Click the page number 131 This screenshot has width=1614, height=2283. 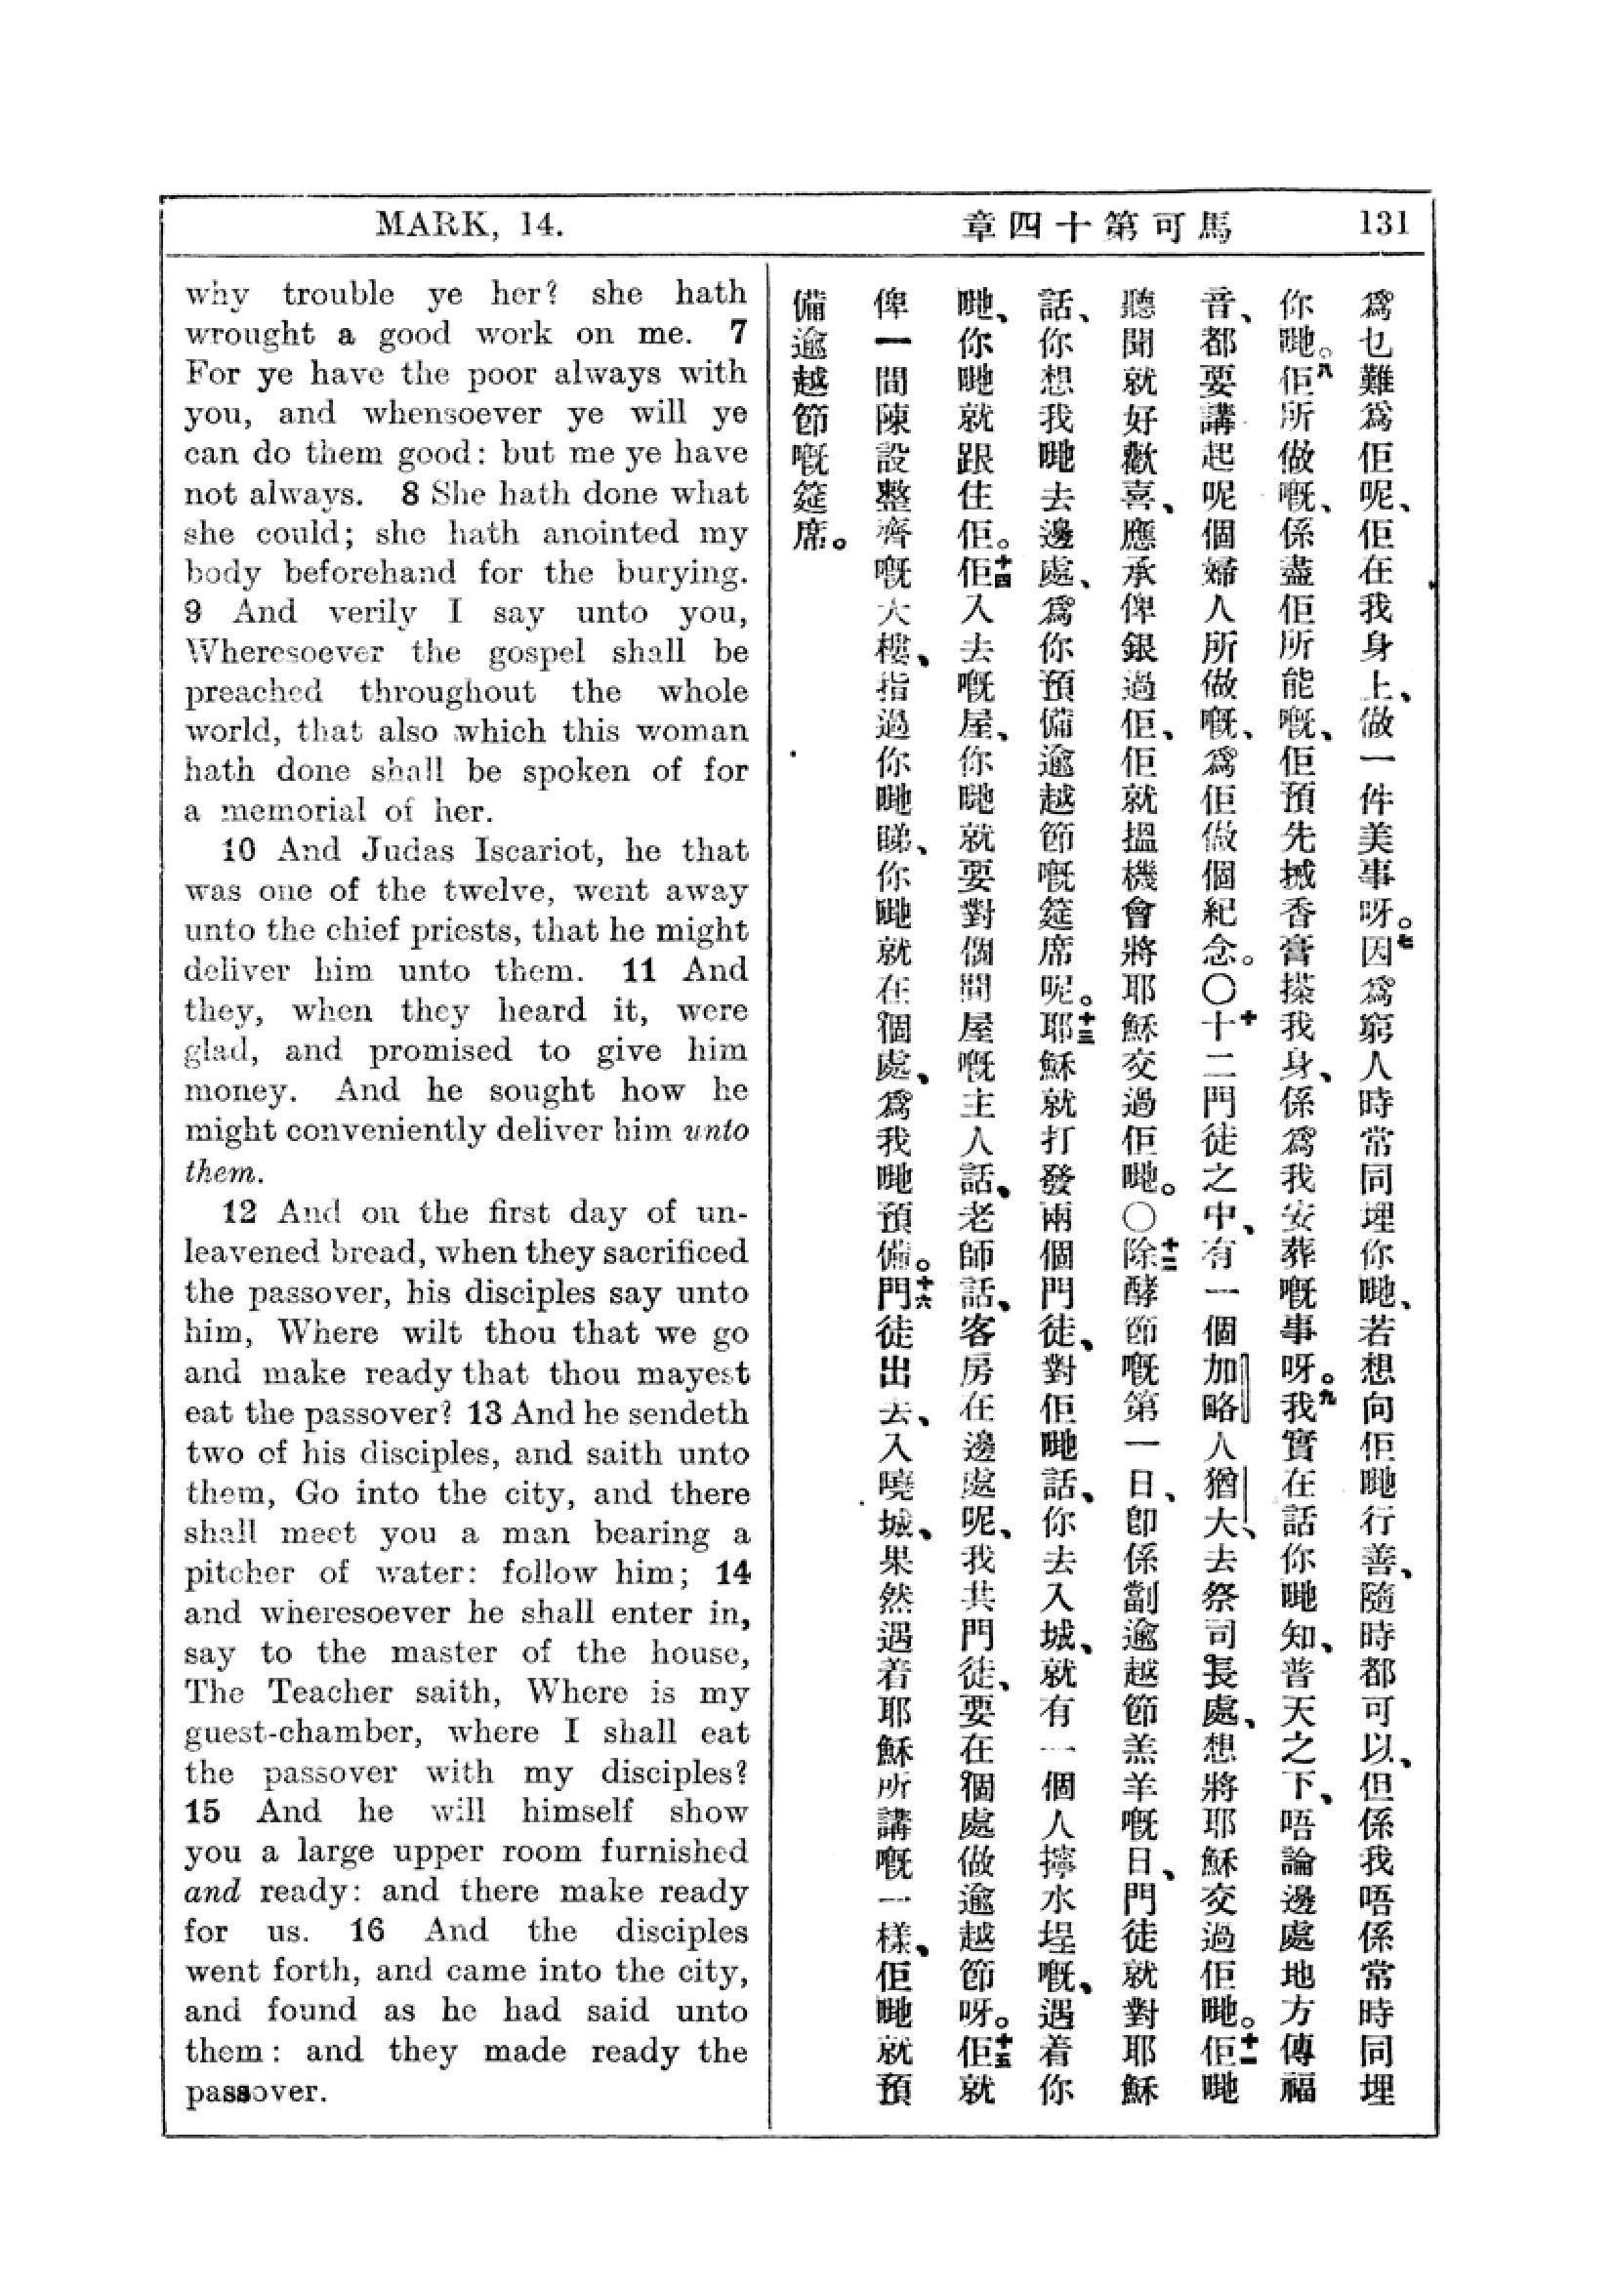(1385, 223)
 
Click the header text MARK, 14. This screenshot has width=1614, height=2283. (470, 224)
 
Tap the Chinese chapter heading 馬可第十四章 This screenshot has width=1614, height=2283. (1097, 226)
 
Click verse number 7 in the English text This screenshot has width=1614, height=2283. (737, 332)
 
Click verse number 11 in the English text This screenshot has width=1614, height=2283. (638, 970)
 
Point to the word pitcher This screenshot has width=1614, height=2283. (238, 1574)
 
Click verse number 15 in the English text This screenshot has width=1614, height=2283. (202, 1812)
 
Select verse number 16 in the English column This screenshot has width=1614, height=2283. (367, 1932)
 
